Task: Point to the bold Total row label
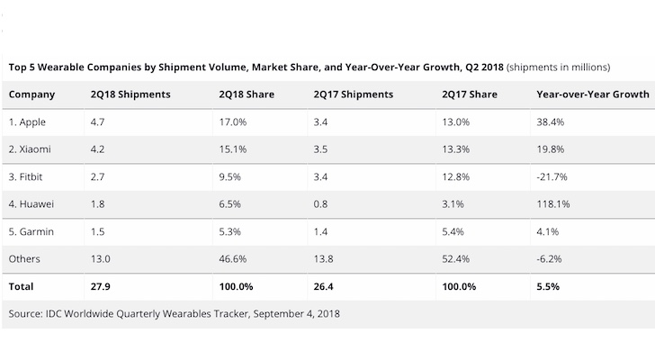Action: [21, 287]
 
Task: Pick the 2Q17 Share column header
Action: [471, 93]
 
